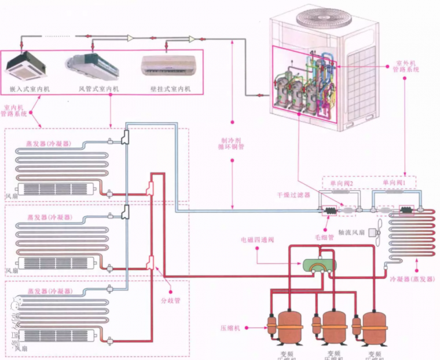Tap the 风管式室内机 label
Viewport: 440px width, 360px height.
pos(98,89)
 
